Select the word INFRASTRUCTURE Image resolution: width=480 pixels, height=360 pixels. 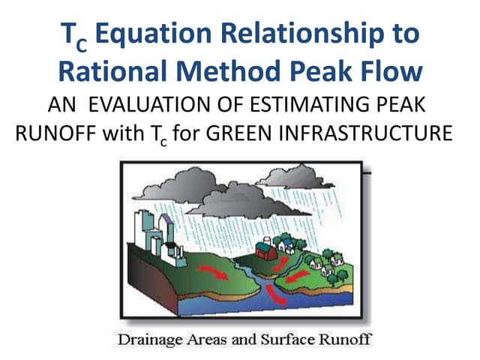[368, 136]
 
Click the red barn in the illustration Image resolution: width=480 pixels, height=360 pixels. [266, 249]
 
